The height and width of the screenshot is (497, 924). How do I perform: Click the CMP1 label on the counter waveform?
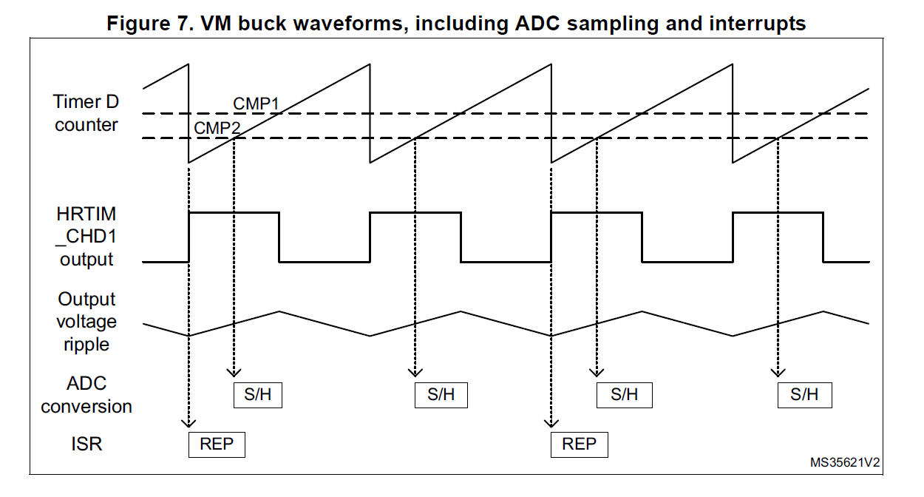pyautogui.click(x=256, y=104)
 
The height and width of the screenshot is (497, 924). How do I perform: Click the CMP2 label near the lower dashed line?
pyautogui.click(x=217, y=128)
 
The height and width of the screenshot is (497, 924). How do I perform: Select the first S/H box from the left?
pyautogui.click(x=257, y=394)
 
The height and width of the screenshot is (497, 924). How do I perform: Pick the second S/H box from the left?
pyautogui.click(x=441, y=394)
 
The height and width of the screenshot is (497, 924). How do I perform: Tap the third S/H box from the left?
pyautogui.click(x=624, y=394)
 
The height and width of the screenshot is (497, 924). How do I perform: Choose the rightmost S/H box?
pyautogui.click(x=804, y=394)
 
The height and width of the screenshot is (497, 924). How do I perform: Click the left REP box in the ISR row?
pyautogui.click(x=217, y=444)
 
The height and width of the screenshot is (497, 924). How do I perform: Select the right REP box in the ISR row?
pyautogui.click(x=579, y=444)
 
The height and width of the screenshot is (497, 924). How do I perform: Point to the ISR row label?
pyautogui.click(x=86, y=444)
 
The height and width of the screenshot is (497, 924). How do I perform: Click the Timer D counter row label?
pyautogui.click(x=86, y=113)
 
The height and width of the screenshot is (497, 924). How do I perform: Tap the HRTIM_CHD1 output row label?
pyautogui.click(x=86, y=237)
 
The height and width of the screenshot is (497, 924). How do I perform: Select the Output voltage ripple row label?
pyautogui.click(x=86, y=322)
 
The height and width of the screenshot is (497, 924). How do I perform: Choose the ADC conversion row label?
pyautogui.click(x=86, y=395)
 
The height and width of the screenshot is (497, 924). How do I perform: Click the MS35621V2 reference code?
pyautogui.click(x=844, y=463)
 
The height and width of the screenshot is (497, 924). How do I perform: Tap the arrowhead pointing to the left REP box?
pyautogui.click(x=189, y=422)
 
